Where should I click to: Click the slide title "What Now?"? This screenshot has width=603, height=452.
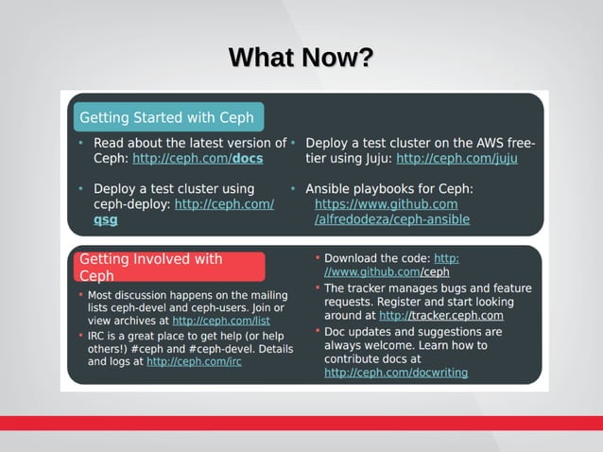(301, 59)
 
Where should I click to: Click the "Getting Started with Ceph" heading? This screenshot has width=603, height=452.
(166, 118)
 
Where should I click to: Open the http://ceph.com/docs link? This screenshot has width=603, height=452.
(198, 159)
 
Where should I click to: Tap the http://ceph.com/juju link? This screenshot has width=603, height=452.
(457, 159)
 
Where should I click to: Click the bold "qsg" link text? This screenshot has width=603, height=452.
(106, 219)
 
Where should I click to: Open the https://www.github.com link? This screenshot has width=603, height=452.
(386, 204)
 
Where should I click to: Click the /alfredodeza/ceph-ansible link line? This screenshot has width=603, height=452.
(391, 219)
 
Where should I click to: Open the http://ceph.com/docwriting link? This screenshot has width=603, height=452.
(396, 373)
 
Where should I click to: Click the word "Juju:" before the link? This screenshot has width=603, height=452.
(374, 159)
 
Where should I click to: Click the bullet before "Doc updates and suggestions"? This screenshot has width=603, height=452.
(317, 332)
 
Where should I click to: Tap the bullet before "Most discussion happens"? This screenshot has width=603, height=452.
(80, 295)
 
